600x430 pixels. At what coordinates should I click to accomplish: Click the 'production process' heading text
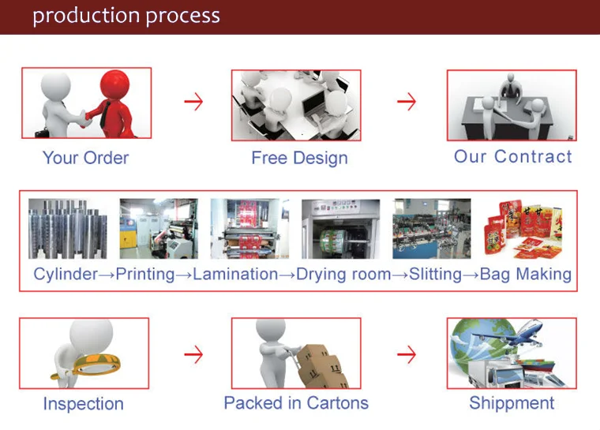[x=126, y=16]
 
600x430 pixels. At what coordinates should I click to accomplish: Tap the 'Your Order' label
[x=85, y=158]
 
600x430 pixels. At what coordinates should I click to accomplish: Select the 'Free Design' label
[x=299, y=158]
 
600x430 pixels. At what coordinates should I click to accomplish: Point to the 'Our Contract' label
[x=512, y=156]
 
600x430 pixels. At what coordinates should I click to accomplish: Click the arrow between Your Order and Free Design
[x=193, y=102]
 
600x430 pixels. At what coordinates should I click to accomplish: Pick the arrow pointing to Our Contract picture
[x=406, y=102]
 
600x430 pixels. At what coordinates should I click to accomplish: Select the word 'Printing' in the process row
[x=145, y=275]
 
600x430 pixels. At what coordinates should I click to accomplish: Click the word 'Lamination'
[x=235, y=275]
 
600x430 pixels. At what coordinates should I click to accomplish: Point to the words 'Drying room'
[x=343, y=275]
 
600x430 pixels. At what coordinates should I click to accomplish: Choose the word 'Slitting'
[x=436, y=275]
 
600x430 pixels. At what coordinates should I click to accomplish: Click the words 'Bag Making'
[x=526, y=275]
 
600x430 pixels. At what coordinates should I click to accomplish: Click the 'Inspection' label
[x=83, y=404]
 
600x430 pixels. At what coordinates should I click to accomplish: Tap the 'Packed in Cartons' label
[x=296, y=403]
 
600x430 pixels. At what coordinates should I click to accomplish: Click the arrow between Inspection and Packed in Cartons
[x=193, y=354]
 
